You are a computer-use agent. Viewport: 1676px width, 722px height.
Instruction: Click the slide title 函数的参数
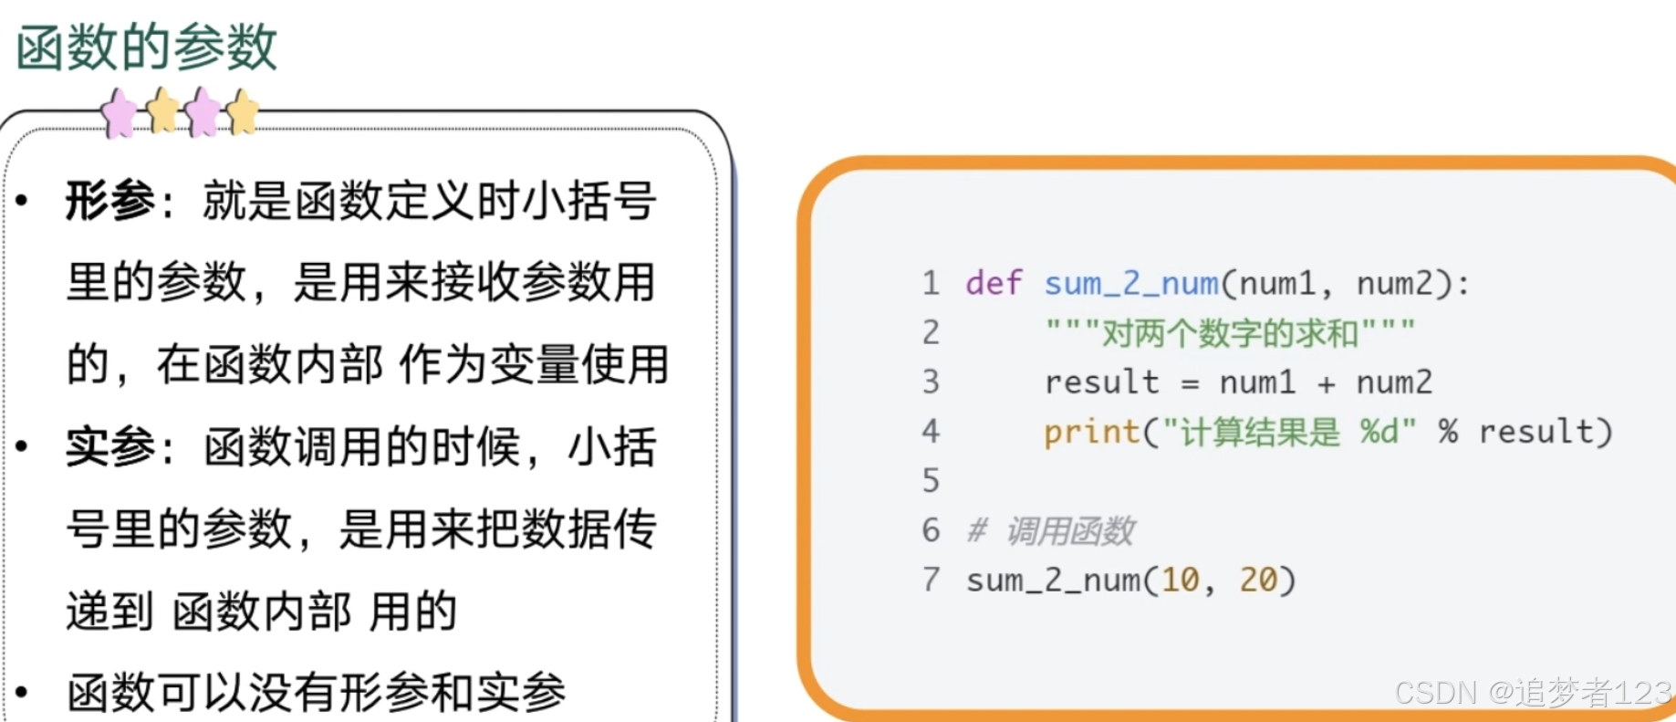[x=146, y=47]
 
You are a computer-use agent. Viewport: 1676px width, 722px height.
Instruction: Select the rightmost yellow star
[x=242, y=112]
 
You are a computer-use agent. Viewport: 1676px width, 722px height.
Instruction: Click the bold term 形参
[x=110, y=201]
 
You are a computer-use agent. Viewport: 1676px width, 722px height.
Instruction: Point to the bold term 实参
[x=110, y=447]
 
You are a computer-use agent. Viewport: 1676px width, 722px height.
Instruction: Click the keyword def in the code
[x=994, y=283]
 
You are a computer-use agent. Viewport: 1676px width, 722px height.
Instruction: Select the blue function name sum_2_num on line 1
[x=1131, y=284]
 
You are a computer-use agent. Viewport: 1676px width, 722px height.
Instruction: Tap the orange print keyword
[x=1091, y=432]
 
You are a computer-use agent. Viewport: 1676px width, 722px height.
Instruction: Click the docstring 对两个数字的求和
[x=1230, y=333]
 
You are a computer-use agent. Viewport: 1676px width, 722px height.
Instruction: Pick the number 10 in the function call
[x=1180, y=580]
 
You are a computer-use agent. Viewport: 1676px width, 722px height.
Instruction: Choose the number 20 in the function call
[x=1258, y=580]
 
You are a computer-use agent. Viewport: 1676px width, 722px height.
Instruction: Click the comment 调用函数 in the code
[x=1069, y=530]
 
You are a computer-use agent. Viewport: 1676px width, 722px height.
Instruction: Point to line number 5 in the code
[x=931, y=481]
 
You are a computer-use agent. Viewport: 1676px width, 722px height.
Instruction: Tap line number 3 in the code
[x=931, y=382]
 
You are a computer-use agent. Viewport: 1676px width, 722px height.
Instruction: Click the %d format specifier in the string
[x=1379, y=431]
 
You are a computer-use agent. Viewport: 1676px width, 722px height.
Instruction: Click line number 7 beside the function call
[x=931, y=580]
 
